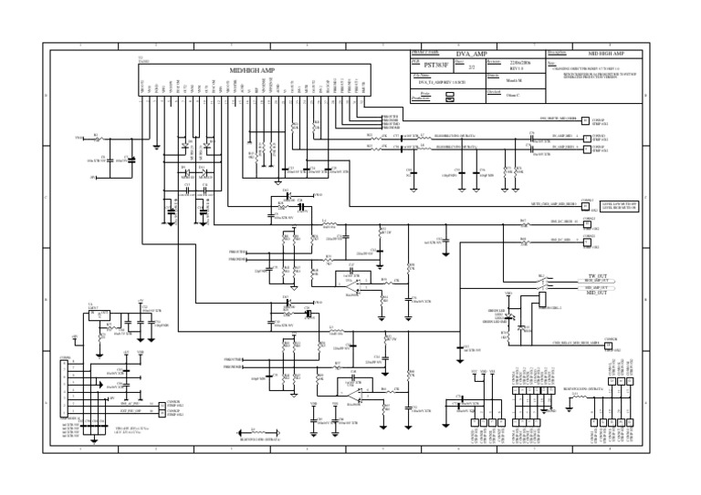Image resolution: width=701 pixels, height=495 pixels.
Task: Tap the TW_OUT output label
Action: (x=597, y=276)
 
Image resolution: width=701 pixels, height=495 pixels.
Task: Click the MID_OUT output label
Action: (x=597, y=293)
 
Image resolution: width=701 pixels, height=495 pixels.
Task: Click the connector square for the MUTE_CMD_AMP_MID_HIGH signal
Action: (x=585, y=205)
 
